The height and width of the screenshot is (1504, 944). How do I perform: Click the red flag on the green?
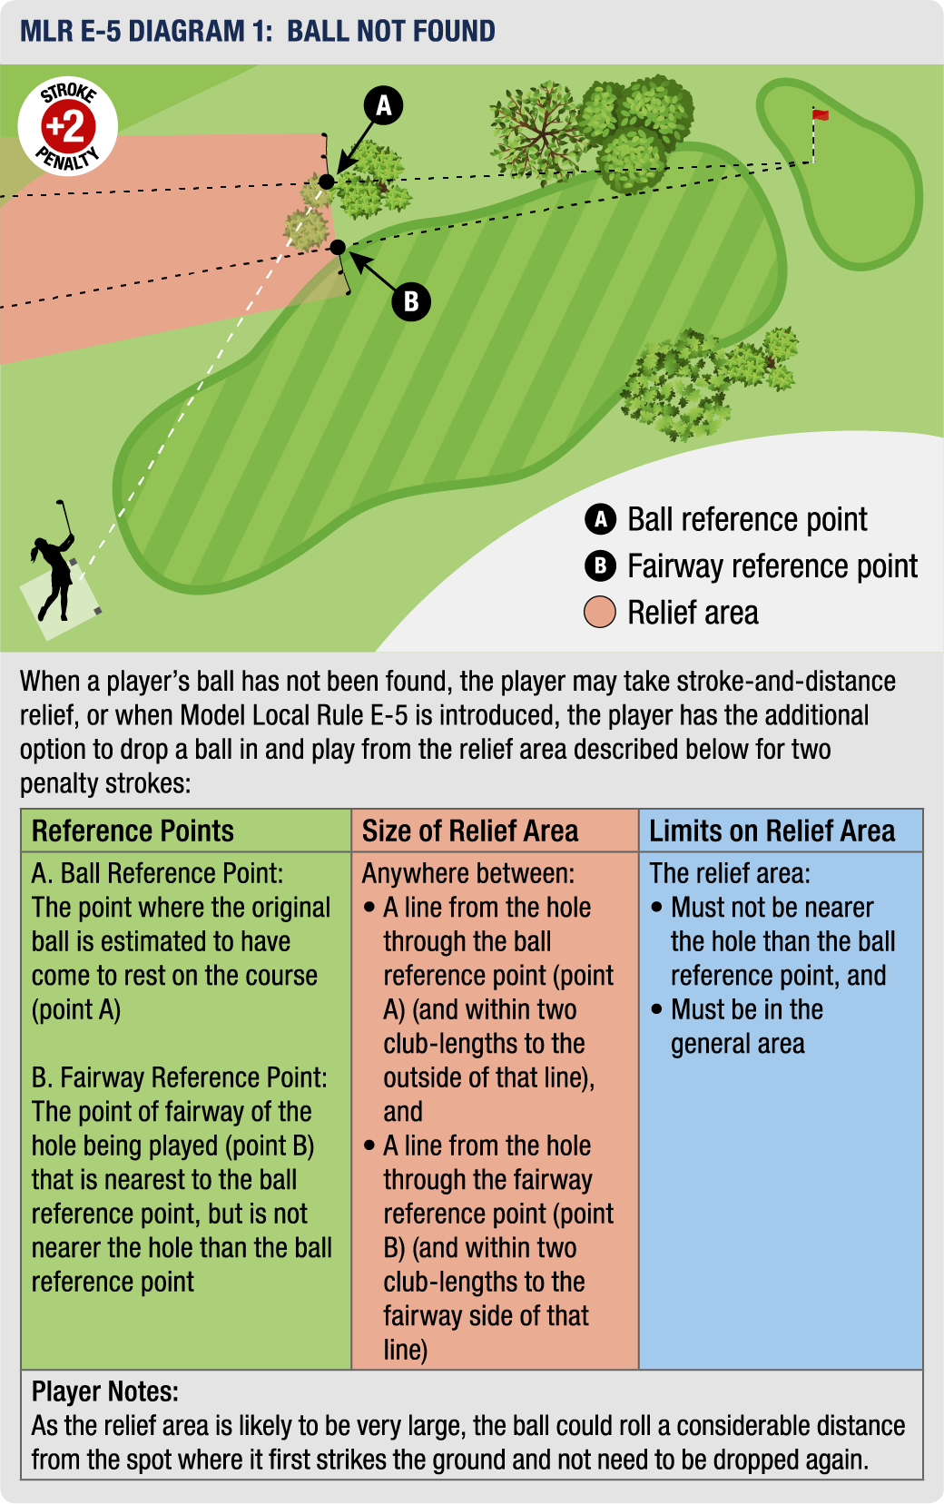point(820,114)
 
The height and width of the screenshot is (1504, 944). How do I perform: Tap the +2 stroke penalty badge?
point(68,126)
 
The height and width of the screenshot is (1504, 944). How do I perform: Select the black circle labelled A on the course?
point(383,105)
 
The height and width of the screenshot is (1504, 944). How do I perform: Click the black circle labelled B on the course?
point(411,301)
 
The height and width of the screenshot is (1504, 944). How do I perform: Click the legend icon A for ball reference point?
point(600,519)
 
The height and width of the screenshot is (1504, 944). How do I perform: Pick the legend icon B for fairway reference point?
point(600,566)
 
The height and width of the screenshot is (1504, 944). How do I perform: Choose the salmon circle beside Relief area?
point(600,613)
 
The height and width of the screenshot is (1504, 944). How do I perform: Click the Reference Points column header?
point(133,831)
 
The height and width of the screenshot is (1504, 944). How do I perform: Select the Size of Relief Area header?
point(470,831)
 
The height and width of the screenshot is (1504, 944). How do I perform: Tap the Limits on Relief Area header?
point(772,831)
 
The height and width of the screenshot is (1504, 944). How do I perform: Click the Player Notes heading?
point(105,1391)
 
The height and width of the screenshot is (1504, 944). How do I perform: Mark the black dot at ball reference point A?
point(326,182)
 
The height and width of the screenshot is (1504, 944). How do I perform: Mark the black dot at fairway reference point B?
point(338,247)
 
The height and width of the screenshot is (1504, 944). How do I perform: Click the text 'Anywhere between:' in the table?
point(468,873)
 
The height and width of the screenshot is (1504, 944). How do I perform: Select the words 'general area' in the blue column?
point(737,1044)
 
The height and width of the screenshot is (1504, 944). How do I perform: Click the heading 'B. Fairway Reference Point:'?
point(179,1077)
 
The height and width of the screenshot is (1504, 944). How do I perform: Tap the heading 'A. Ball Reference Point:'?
point(157,873)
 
